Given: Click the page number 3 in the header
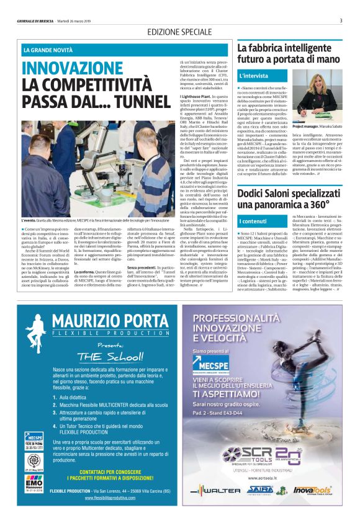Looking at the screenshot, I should (341, 20).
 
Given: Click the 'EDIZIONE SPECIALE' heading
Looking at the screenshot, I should (179, 32).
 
